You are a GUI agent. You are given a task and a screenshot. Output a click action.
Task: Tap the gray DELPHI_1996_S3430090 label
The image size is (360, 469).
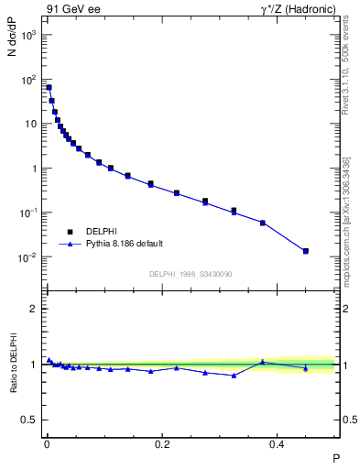click(x=190, y=274)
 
